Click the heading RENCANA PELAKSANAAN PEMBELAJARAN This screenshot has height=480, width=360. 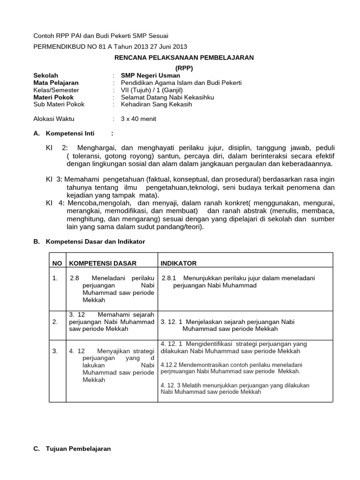tap(184, 57)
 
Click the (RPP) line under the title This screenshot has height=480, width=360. tap(184, 67)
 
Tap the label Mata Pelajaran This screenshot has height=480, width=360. tap(56, 82)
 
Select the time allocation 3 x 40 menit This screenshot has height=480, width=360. tap(139, 119)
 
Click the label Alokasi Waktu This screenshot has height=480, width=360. tap(54, 119)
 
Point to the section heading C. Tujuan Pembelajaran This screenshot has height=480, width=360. tap(72, 449)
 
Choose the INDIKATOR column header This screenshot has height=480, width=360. tap(179, 263)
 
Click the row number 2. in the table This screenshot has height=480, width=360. tap(55, 322)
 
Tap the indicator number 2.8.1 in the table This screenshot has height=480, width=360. tap(169, 278)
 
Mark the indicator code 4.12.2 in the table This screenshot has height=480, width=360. tap(169, 364)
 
